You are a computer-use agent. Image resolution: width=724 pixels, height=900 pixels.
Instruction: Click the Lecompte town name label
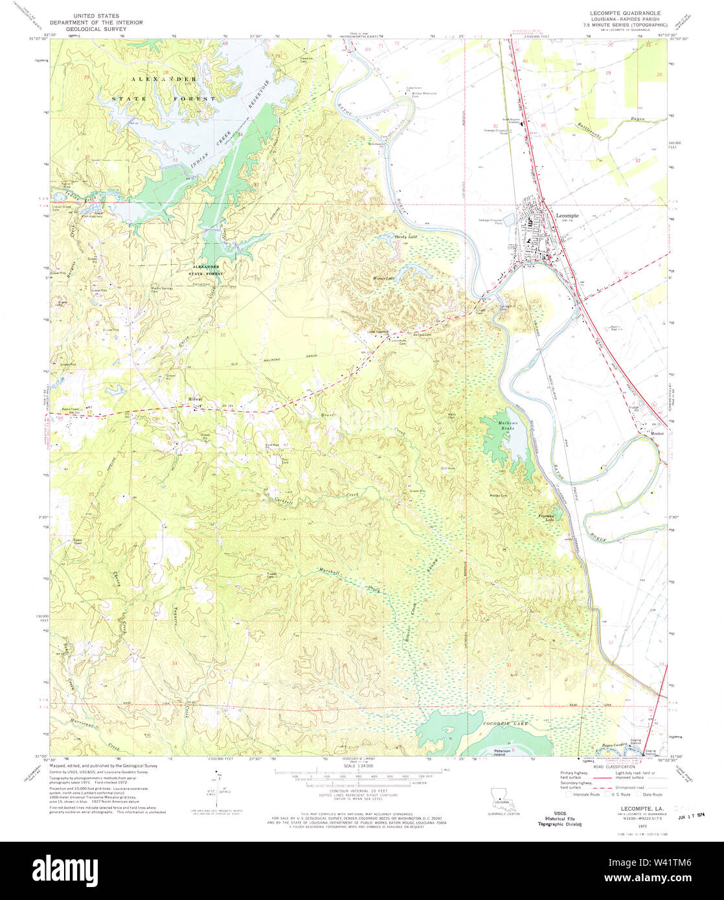(568, 216)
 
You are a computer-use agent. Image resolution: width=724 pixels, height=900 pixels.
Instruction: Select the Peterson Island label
(503, 752)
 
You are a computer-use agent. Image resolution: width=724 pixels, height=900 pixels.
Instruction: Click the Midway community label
(195, 399)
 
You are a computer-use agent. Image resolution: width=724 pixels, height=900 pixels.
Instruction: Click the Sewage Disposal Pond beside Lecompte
(490, 222)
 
